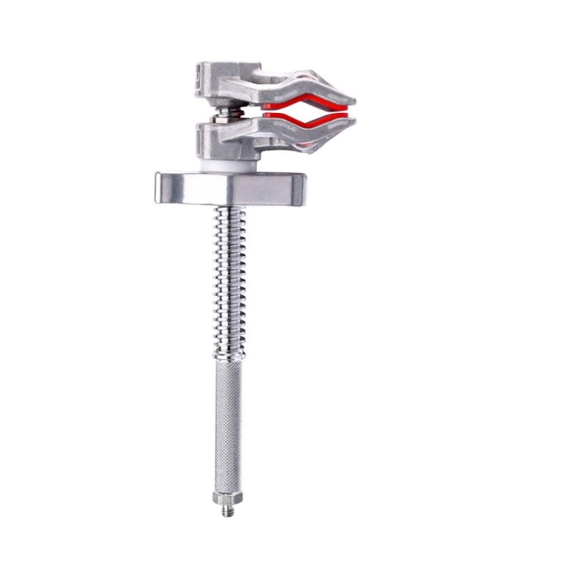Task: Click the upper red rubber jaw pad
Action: pyautogui.click(x=300, y=100)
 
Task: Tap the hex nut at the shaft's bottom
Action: pyautogui.click(x=227, y=497)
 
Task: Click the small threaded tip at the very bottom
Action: pyautogui.click(x=227, y=510)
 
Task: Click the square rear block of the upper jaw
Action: pyautogui.click(x=207, y=74)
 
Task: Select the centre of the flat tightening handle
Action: pyautogui.click(x=230, y=188)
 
